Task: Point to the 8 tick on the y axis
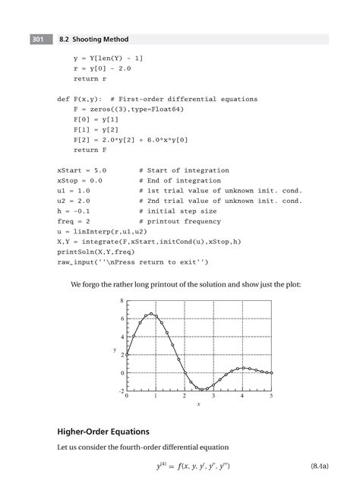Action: pyautogui.click(x=121, y=301)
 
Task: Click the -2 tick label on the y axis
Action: pyautogui.click(x=121, y=391)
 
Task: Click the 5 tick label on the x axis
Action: pyautogui.click(x=271, y=398)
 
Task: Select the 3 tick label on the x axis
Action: pyautogui.click(x=213, y=398)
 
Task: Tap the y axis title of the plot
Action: pyautogui.click(x=115, y=350)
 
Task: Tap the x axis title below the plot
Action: pyautogui.click(x=199, y=405)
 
